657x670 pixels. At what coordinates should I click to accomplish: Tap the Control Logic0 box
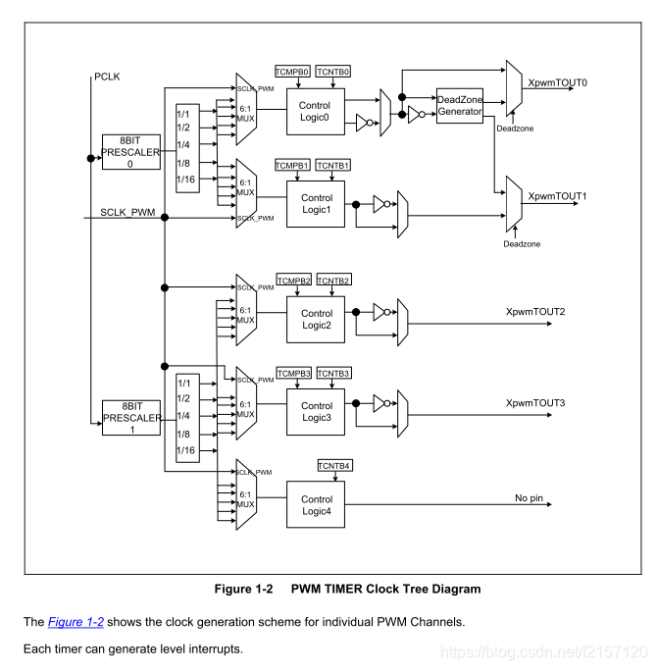click(x=316, y=111)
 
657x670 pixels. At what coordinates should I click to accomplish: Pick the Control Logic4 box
click(x=316, y=505)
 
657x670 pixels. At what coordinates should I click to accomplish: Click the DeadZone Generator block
click(x=460, y=104)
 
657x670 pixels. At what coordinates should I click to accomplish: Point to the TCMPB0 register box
click(x=292, y=72)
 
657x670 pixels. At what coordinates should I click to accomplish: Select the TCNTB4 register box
click(x=335, y=464)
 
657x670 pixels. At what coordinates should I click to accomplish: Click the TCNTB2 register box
click(x=332, y=282)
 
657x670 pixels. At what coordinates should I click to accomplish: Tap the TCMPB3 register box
click(x=293, y=374)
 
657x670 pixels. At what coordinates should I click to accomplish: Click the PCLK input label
click(x=107, y=76)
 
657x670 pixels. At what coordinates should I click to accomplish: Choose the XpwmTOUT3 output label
click(x=534, y=403)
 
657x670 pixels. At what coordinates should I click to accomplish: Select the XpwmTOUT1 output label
click(x=557, y=196)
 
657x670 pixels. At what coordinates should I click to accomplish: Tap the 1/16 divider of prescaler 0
click(x=185, y=180)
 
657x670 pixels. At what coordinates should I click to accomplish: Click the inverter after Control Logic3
click(x=378, y=403)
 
